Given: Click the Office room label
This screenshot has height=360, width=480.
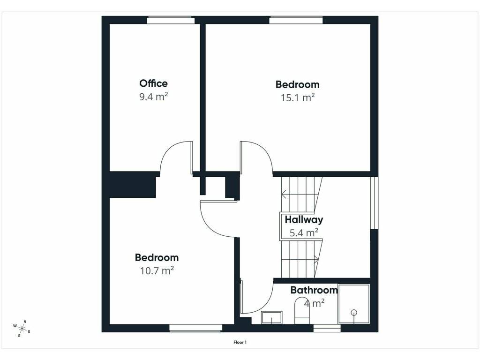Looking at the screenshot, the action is point(153,83).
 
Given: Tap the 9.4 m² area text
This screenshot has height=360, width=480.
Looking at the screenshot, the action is point(153,97).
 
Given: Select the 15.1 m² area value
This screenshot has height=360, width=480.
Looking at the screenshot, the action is point(298,97).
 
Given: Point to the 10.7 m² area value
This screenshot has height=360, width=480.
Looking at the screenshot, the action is point(157,270).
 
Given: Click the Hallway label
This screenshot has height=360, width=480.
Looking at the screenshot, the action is point(304,220).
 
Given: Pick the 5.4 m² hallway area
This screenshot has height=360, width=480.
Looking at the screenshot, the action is point(304,233).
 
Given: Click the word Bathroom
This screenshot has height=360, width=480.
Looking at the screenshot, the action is point(314,290).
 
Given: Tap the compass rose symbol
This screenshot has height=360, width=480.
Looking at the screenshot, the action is point(22,329).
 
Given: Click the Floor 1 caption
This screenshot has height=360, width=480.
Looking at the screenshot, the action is point(240,342).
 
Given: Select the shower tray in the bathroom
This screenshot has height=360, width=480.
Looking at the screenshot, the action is point(354,304).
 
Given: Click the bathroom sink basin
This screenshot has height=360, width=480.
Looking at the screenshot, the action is point(272,317).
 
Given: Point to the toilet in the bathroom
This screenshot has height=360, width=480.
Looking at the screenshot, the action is point(302,310).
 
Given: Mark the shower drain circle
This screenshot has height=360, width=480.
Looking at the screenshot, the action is point(354,313).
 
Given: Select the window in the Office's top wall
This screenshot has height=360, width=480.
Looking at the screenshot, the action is point(171,21).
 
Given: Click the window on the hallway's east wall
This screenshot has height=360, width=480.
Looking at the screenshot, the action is point(375,202).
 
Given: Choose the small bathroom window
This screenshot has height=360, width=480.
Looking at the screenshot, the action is point(327,329).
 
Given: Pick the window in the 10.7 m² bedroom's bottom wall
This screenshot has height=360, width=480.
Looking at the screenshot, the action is point(195,328).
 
